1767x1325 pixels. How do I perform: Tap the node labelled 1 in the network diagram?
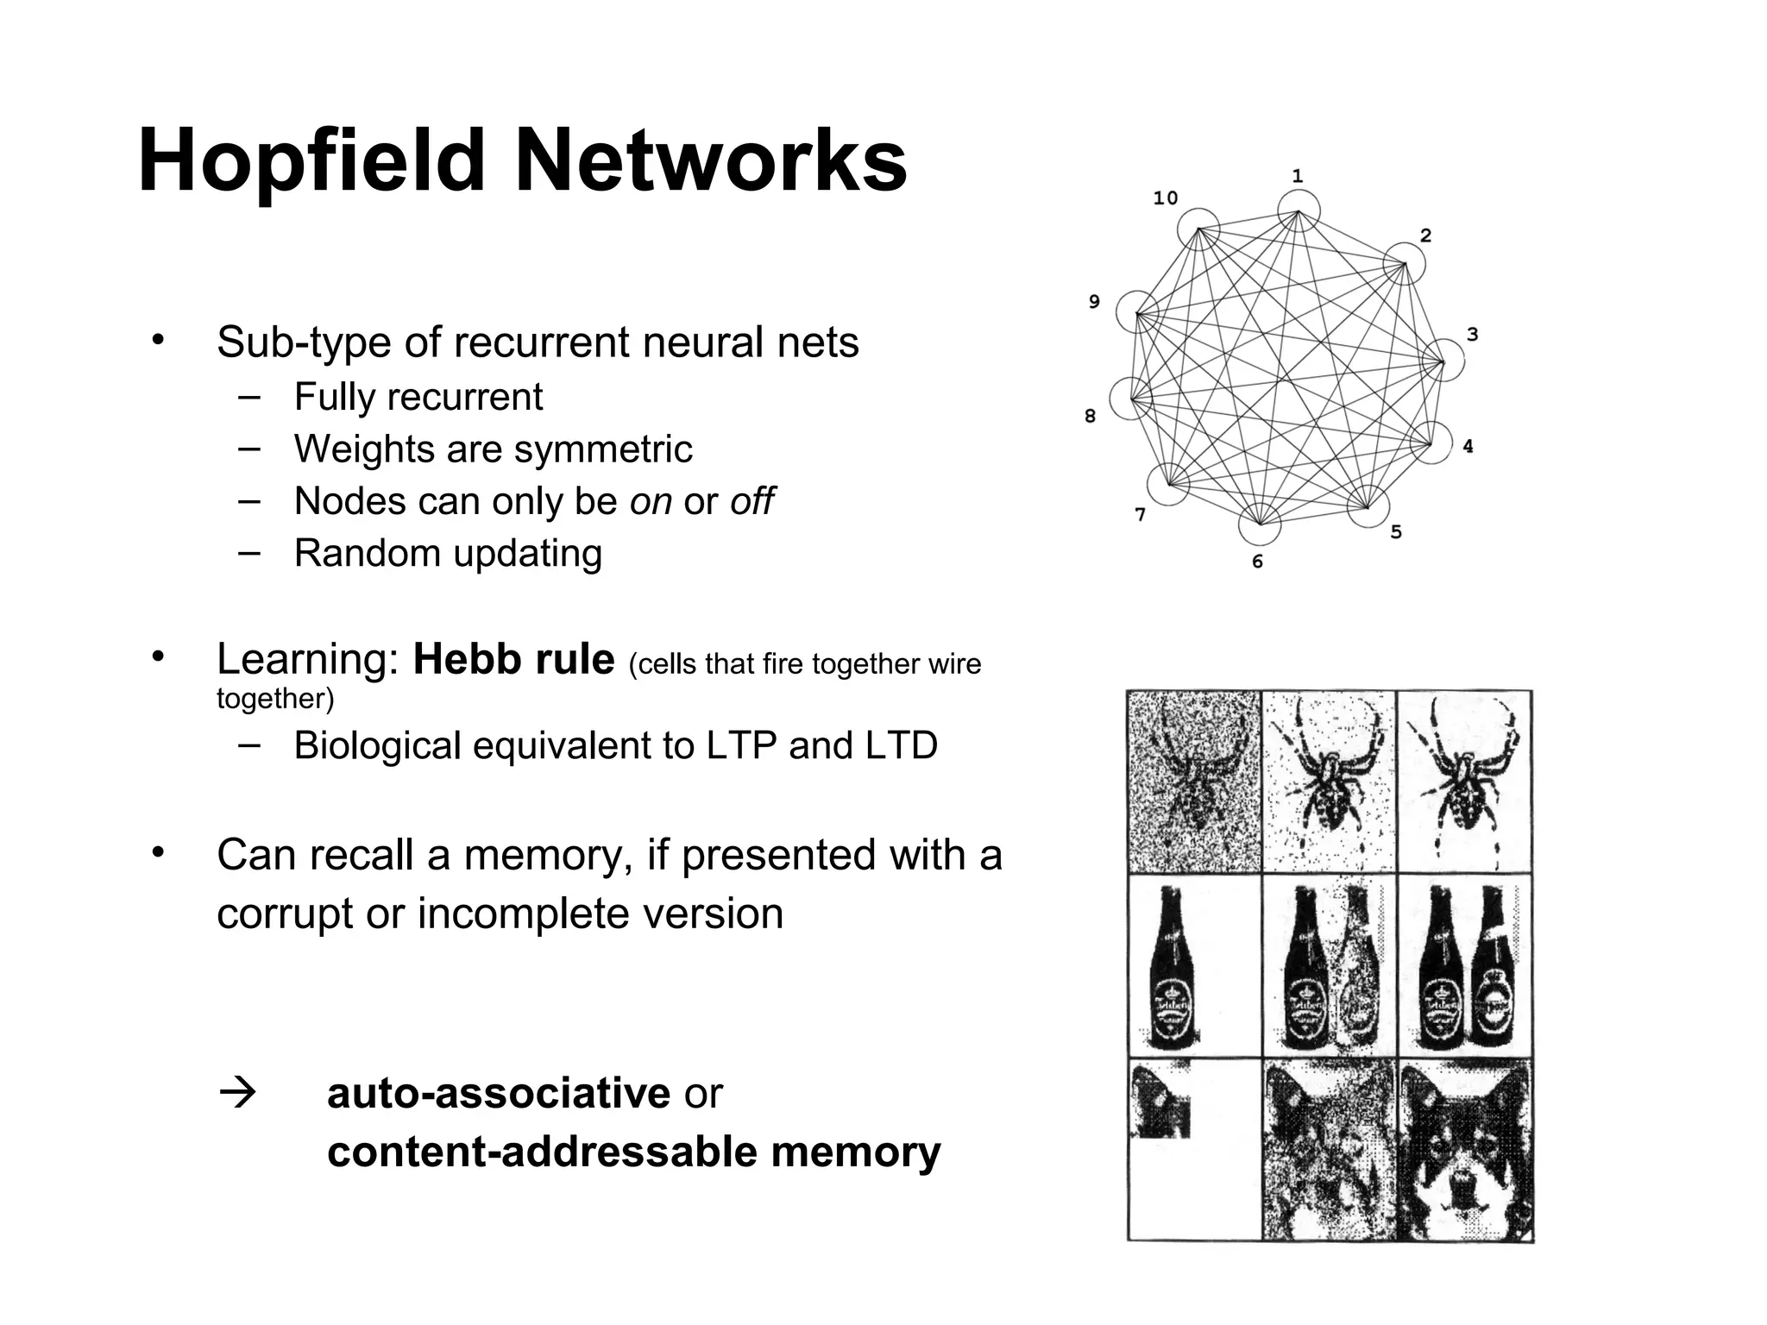tap(1299, 210)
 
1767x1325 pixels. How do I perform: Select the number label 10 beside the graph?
tap(1165, 198)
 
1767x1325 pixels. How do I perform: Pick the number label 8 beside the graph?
tap(1090, 417)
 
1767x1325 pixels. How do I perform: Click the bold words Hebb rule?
tap(513, 660)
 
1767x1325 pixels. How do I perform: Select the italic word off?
tap(751, 501)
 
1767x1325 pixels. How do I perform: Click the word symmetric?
tap(603, 449)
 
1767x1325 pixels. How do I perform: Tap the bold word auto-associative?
tap(498, 1094)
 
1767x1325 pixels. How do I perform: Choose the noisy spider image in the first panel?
tap(1194, 782)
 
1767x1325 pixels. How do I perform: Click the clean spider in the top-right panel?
tap(1463, 782)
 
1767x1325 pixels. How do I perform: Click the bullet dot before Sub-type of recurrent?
tap(156, 339)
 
